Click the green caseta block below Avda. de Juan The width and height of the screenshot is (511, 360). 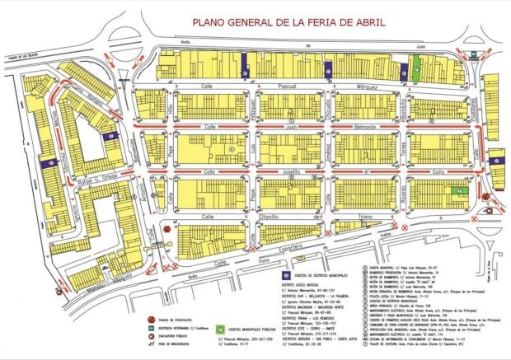pyautogui.click(x=416, y=72)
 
